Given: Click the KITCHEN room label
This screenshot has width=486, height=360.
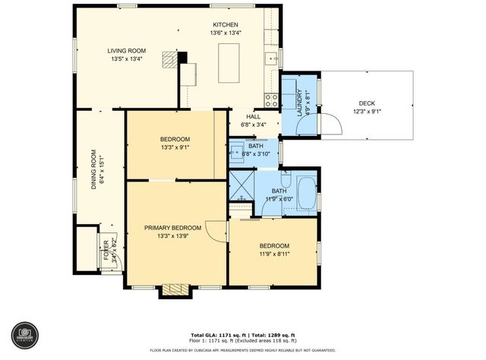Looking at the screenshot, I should pyautogui.click(x=226, y=24).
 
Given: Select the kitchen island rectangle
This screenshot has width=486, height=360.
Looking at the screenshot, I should pyautogui.click(x=229, y=63).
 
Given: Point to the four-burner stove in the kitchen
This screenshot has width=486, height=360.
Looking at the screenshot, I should pyautogui.click(x=270, y=97).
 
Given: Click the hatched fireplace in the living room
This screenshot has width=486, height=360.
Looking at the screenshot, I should pyautogui.click(x=169, y=58).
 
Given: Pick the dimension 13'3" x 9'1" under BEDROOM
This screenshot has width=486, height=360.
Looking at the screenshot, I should pyautogui.click(x=175, y=147).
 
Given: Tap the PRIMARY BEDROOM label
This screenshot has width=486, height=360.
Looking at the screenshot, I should pyautogui.click(x=175, y=228).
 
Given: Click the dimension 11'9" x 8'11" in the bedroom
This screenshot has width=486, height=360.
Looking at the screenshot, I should pyautogui.click(x=274, y=254).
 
